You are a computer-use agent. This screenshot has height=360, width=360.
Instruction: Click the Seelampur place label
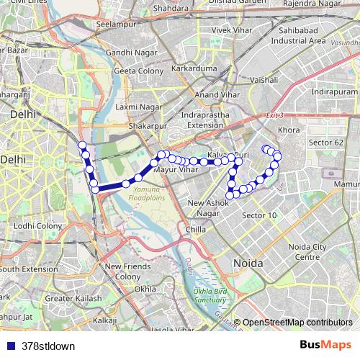(x=116, y=24)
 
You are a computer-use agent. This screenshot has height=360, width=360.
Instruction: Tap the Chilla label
(x=196, y=230)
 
